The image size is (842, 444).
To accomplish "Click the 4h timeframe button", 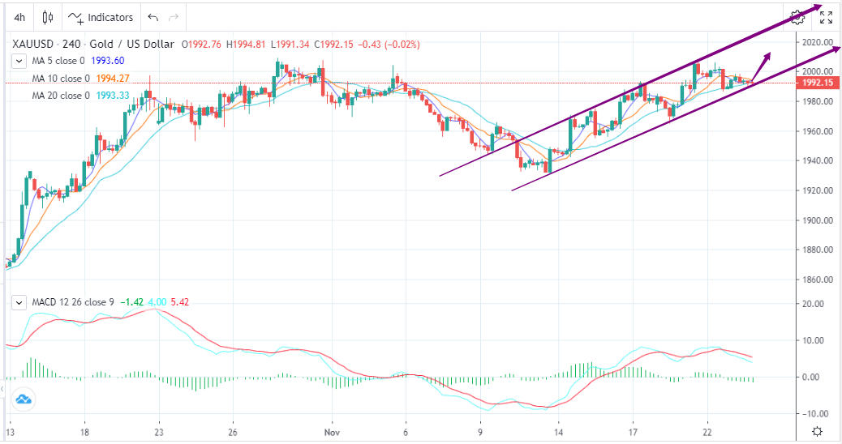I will (19, 17).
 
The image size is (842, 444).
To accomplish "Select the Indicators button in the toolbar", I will (101, 17).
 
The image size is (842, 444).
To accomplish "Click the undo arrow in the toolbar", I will (153, 17).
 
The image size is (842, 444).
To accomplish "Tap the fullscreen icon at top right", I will (826, 17).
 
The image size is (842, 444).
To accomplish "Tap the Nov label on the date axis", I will (330, 431).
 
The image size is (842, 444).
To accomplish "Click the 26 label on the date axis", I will (233, 431).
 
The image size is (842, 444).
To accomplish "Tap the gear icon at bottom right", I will (818, 431).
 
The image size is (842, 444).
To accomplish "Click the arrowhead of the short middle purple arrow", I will (768, 56).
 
